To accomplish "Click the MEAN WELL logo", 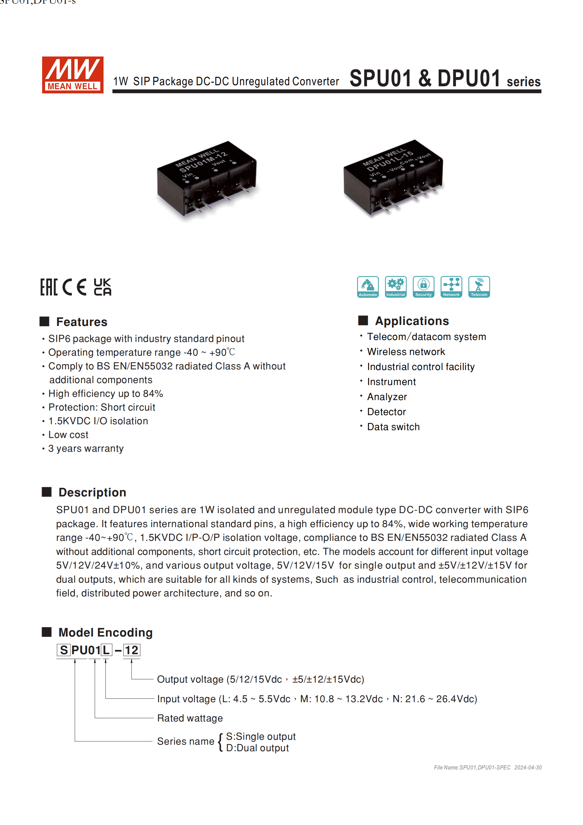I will coord(73,75).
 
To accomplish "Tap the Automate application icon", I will coord(368,287).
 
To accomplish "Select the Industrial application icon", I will coord(396,287).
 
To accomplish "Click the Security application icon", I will coord(423,287).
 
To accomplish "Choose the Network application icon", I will coord(451,287).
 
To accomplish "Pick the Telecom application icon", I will coord(479,287).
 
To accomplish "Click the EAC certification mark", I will coord(49,287).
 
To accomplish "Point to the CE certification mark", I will coord(74,287).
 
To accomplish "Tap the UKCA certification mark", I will coord(103,287).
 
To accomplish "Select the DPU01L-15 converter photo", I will coord(394,178).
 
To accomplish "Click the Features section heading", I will coord(82,322).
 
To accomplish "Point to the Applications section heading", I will coord(412,320).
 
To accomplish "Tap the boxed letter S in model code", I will coord(64,650).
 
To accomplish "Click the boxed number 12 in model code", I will coord(132,650).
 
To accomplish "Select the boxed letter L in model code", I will coord(106,650).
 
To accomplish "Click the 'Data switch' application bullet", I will coord(393,427).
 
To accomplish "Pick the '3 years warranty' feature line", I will coord(86,448).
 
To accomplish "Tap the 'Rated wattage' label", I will coord(190,718).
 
